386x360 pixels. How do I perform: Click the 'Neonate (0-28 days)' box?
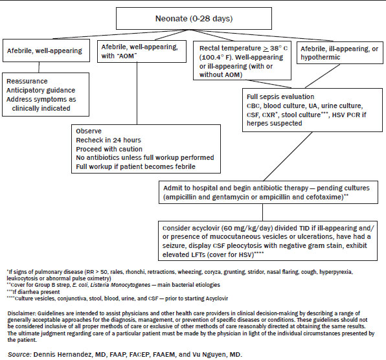[194, 19]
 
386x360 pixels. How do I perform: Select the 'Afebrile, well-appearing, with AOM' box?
[142, 51]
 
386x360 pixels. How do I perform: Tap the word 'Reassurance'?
[27, 81]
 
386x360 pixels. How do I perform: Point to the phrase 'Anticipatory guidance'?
[41, 90]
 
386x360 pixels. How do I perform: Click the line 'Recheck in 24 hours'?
[108, 140]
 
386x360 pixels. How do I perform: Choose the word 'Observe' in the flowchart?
[89, 131]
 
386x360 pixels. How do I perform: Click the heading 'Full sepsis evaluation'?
[280, 96]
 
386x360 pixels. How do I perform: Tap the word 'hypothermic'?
[321, 58]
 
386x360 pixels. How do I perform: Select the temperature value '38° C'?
[278, 48]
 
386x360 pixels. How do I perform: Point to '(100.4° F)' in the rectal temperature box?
[216, 58]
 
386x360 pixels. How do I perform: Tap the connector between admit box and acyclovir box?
[262, 212]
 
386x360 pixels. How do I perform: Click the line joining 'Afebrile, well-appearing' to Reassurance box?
[39, 67]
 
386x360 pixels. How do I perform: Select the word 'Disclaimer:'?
[21, 313]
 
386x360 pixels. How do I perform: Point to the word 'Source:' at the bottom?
[19, 355]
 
